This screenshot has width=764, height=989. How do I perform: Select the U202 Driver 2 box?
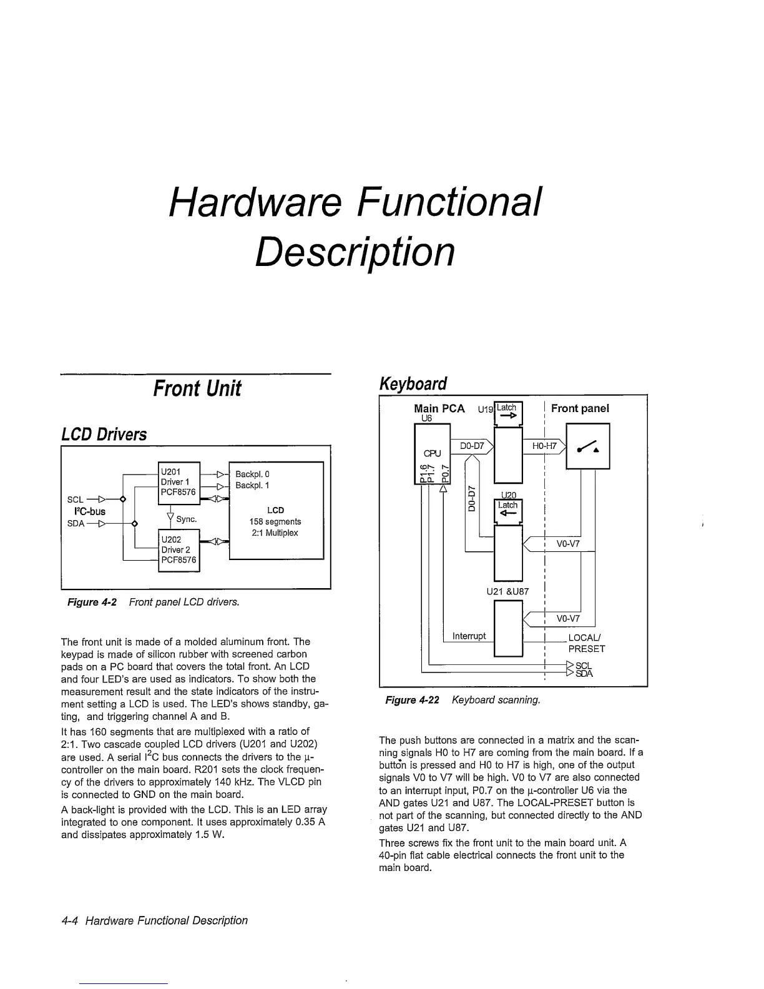coord(179,549)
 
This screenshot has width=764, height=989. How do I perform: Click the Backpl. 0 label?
coord(252,475)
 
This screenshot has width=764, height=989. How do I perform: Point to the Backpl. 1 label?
coord(252,486)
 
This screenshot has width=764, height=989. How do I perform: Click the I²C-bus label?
coord(86,511)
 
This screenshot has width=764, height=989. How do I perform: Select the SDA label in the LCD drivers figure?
coord(76,523)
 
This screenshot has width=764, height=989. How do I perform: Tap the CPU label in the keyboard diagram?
coord(433,453)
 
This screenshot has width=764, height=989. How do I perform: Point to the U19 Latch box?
coord(507,413)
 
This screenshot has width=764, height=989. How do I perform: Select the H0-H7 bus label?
coord(544,446)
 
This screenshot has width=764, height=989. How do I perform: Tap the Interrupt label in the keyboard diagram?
coord(469,636)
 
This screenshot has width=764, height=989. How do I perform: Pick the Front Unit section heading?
coord(197,388)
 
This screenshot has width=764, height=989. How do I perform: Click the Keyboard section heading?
coord(413,383)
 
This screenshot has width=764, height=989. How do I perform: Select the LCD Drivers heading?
coord(104,435)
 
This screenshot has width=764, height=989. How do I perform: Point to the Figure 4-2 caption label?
coord(92,602)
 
